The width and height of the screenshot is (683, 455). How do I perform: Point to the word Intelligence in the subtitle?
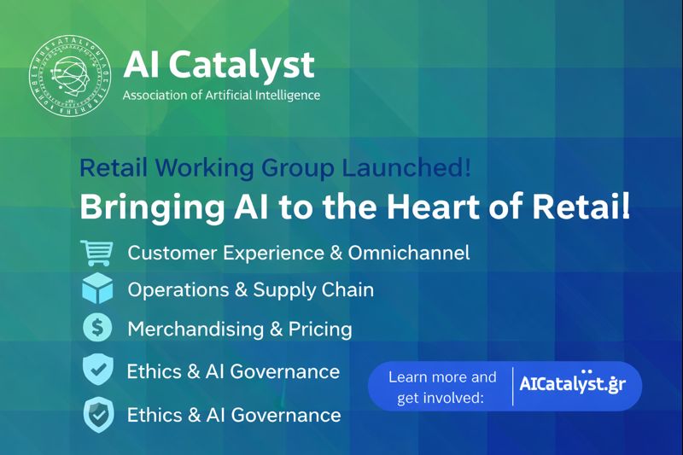[x=284, y=95]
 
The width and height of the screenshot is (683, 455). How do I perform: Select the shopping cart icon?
[x=96, y=253]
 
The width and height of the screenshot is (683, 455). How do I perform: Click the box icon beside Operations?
[x=96, y=289]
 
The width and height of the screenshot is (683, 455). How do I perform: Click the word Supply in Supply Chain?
[x=283, y=289]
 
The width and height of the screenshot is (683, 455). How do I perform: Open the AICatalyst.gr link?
[x=572, y=384]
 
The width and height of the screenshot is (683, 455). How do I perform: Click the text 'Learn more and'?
[x=442, y=376]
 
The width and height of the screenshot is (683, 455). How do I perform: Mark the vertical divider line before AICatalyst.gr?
[x=511, y=385]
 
